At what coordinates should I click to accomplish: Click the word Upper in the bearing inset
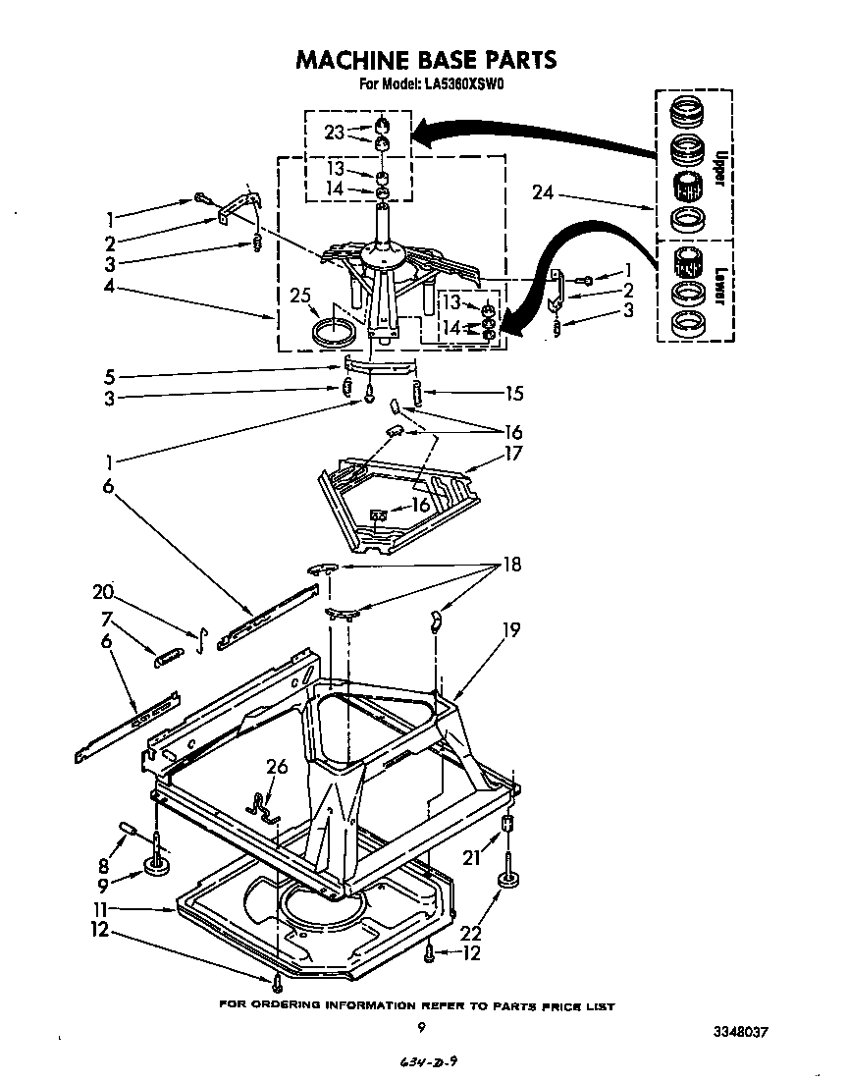(x=719, y=167)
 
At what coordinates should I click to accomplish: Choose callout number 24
(x=544, y=193)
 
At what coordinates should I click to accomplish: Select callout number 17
(x=514, y=454)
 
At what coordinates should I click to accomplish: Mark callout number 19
(x=512, y=629)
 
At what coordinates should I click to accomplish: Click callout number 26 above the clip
(x=278, y=767)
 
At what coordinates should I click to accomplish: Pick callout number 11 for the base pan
(x=131, y=909)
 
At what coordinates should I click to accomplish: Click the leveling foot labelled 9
(x=154, y=865)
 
